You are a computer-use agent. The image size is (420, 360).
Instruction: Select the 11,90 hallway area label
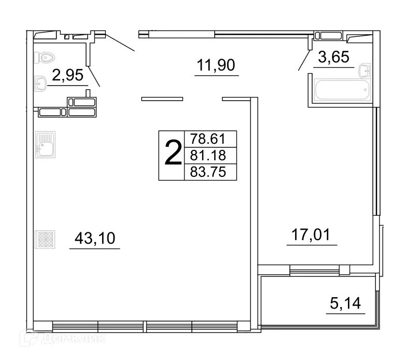pyautogui.click(x=216, y=65)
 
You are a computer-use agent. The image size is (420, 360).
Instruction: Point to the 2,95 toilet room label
pyautogui.click(x=67, y=76)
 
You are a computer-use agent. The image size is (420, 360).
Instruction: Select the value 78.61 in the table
pyautogui.click(x=208, y=140)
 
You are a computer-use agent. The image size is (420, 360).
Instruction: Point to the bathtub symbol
pyautogui.click(x=342, y=91)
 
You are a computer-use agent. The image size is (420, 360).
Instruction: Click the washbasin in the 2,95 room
pyautogui.click(x=40, y=82)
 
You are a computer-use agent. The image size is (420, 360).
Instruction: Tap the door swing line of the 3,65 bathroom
pyautogui.click(x=303, y=60)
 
